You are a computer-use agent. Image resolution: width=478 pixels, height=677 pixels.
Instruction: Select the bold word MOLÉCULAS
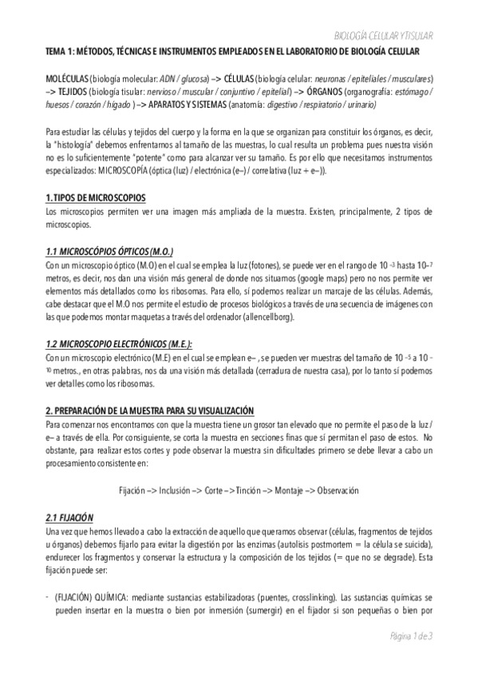coord(67,81)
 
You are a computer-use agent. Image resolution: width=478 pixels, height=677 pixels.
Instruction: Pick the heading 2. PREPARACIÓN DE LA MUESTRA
coord(149,408)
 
